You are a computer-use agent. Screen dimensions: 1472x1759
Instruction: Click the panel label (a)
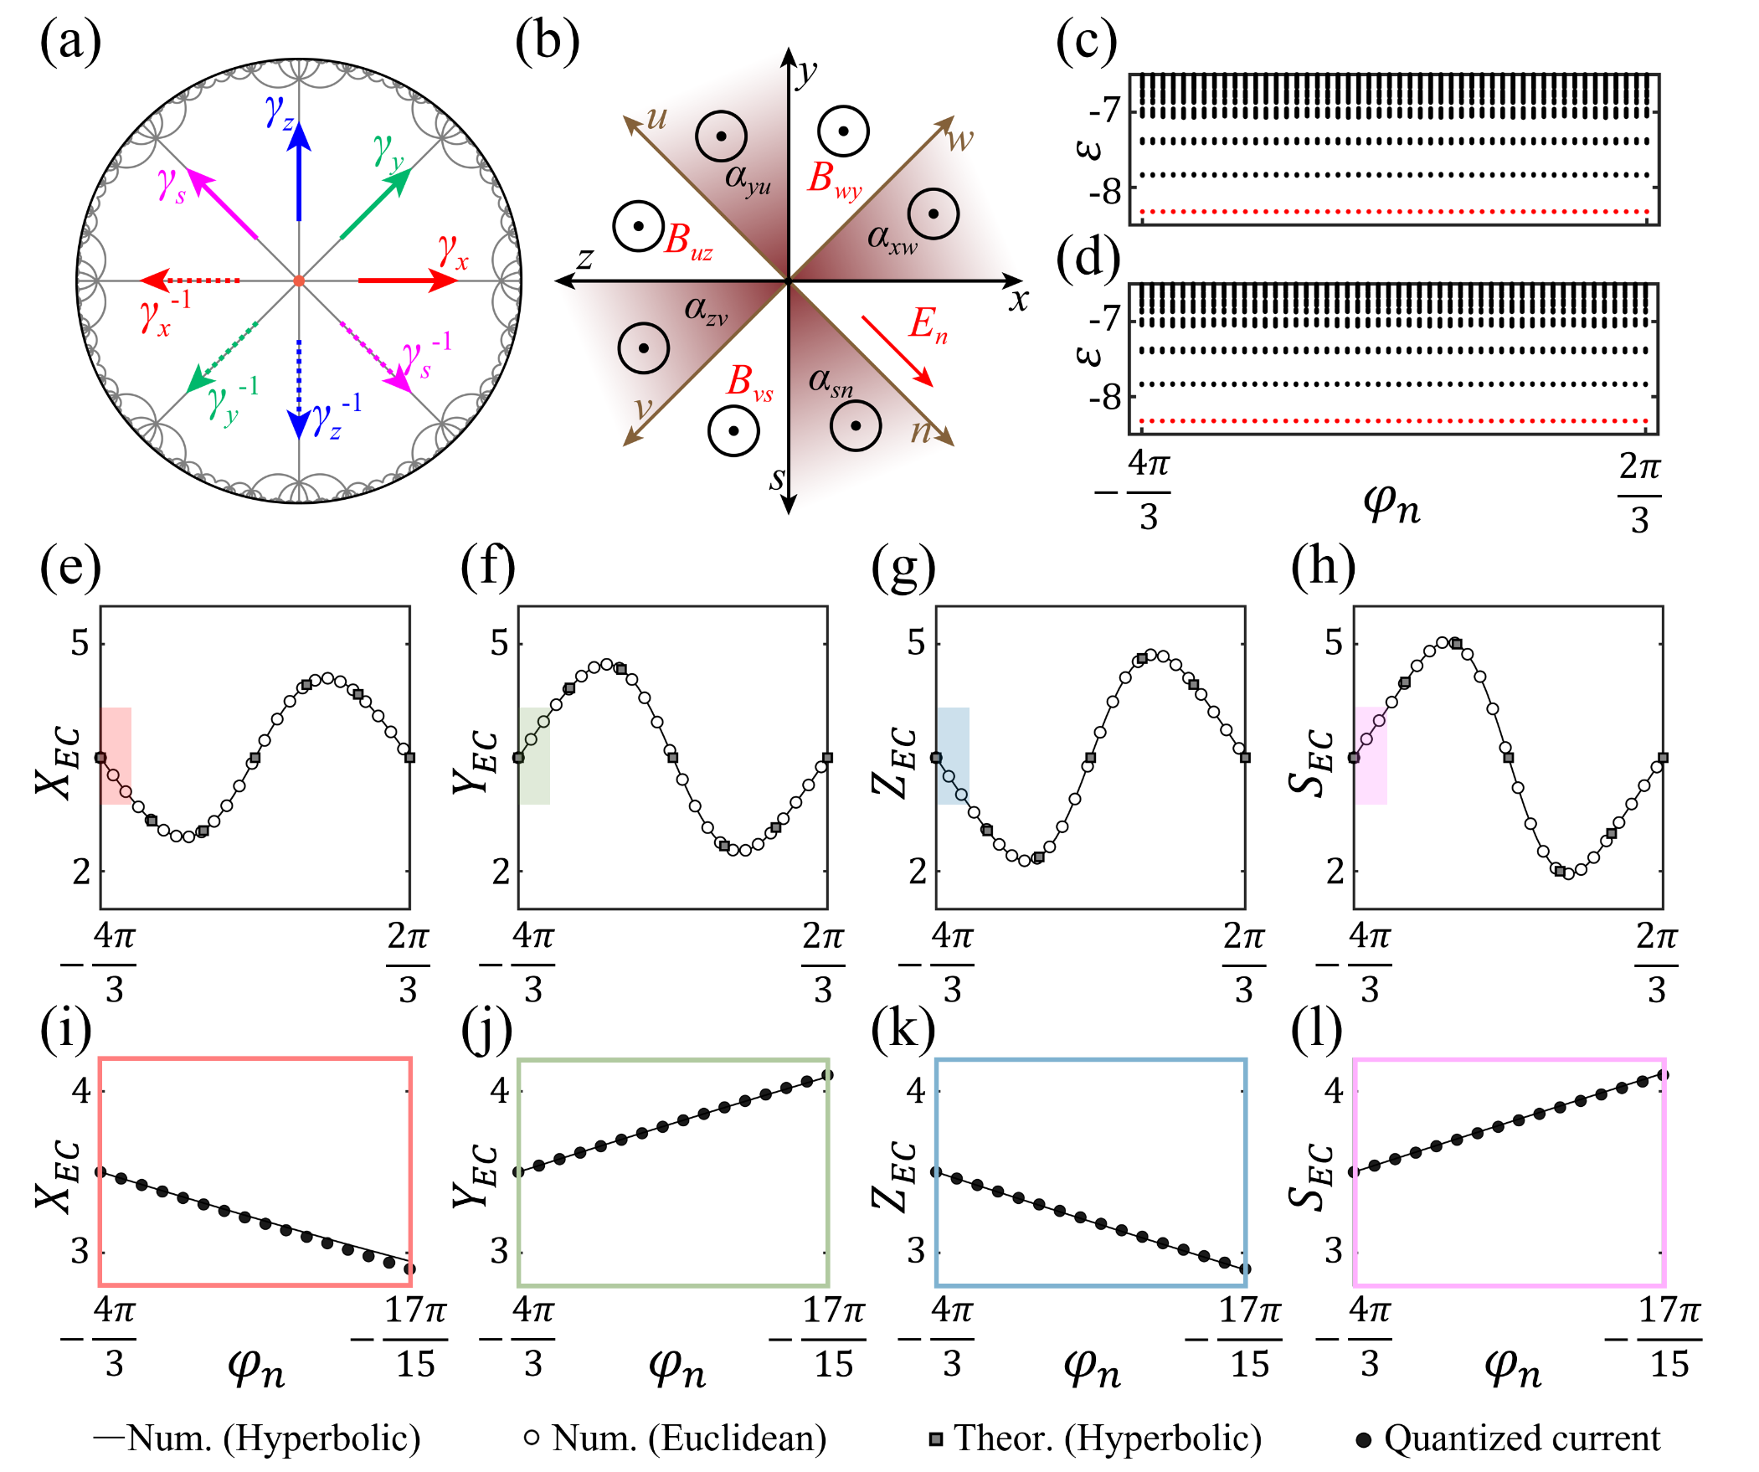[70, 42]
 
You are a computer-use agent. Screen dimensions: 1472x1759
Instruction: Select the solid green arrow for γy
[375, 204]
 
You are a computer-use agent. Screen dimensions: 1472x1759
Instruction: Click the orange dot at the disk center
[299, 281]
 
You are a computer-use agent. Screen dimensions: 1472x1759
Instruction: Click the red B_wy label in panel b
[833, 179]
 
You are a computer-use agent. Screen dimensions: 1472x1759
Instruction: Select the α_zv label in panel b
[705, 310]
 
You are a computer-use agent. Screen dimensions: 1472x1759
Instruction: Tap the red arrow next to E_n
[898, 351]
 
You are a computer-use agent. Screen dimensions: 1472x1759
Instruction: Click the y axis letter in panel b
[806, 72]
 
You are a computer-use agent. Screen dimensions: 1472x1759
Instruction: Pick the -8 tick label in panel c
[1105, 192]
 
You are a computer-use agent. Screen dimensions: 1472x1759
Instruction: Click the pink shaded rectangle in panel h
[1371, 755]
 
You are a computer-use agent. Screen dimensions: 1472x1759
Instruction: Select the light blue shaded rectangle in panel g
[954, 755]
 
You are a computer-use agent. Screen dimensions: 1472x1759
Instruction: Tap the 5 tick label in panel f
[499, 642]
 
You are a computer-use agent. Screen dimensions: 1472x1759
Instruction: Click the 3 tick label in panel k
[917, 1251]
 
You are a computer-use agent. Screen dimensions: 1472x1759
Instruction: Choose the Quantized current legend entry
[1508, 1439]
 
